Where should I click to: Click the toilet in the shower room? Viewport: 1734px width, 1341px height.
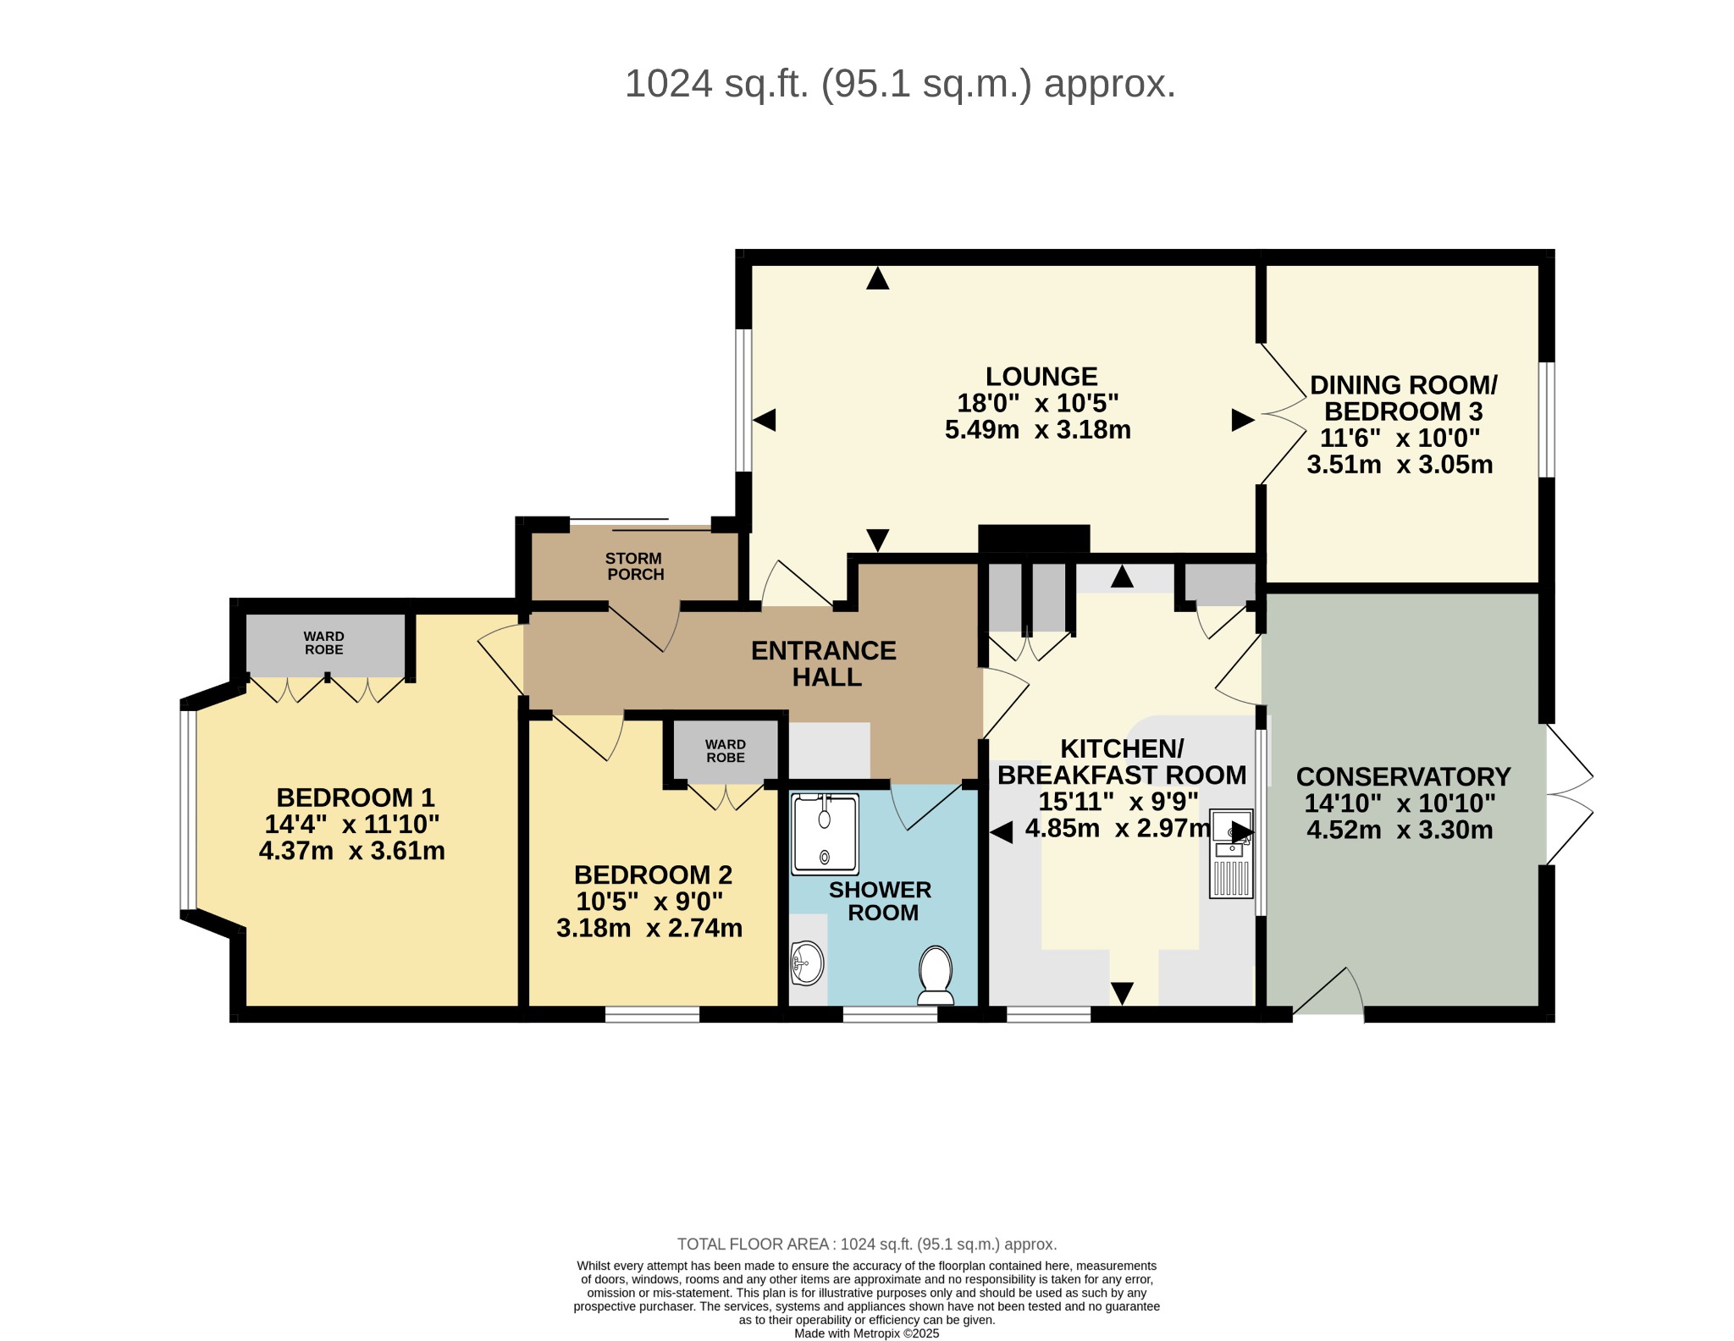click(935, 974)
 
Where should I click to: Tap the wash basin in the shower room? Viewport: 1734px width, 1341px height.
click(807, 963)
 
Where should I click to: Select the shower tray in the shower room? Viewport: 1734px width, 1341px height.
click(825, 834)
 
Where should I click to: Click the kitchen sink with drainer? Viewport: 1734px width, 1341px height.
click(1232, 853)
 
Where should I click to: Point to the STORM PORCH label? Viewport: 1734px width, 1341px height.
click(634, 566)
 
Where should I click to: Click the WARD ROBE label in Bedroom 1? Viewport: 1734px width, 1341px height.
click(323, 643)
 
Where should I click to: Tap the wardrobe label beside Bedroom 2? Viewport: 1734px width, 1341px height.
click(726, 751)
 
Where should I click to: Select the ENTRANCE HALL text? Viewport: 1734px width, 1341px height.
click(824, 664)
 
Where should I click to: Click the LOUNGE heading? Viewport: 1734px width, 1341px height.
click(1041, 376)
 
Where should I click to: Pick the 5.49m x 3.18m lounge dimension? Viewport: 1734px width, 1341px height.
click(1038, 430)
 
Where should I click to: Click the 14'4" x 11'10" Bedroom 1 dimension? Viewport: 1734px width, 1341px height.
click(351, 824)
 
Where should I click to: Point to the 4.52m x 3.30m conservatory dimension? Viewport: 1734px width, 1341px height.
click(1400, 830)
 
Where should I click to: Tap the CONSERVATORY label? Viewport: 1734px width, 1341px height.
click(1403, 776)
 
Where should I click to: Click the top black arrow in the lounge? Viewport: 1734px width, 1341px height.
click(878, 278)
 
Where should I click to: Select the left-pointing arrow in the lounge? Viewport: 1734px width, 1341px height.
click(764, 420)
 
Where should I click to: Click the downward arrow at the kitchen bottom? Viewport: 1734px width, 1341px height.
click(1122, 993)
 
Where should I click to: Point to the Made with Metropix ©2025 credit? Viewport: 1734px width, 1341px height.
click(867, 1333)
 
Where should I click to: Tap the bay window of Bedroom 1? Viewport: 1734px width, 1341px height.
click(188, 810)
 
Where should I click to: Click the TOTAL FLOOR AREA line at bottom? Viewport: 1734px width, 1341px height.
click(867, 1244)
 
